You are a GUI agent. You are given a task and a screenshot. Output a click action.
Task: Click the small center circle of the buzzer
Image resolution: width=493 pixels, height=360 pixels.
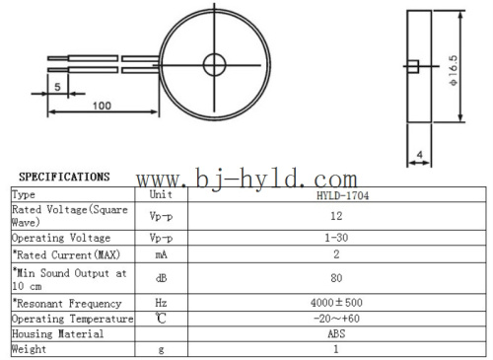(214, 54)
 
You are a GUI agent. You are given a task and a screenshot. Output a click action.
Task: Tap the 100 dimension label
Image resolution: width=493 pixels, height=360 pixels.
(102, 106)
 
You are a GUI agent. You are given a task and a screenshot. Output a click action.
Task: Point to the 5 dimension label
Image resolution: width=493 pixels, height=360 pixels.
(57, 87)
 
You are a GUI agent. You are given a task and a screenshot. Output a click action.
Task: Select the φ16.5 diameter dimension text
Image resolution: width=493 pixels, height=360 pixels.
(454, 70)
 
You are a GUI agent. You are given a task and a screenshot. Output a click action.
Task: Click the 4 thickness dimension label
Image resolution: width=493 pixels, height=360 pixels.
(420, 154)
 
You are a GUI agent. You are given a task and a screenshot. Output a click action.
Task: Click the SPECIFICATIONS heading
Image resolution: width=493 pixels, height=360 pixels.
(64, 177)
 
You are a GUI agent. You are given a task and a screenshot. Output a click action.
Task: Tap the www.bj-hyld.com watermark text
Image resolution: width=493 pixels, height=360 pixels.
(246, 179)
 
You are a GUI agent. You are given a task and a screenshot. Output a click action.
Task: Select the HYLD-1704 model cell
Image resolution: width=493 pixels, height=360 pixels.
(342, 195)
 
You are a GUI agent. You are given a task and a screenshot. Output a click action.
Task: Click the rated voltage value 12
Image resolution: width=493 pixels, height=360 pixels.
(336, 216)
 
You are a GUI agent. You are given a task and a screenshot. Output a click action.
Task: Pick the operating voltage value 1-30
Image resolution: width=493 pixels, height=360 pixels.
(336, 238)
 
